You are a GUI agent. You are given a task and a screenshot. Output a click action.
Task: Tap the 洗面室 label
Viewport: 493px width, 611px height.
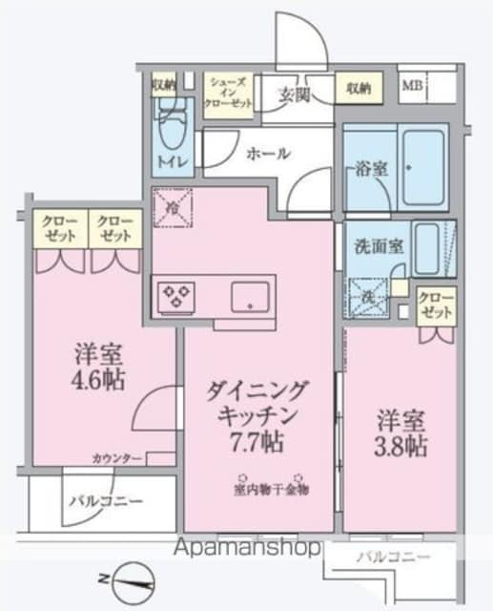click(x=380, y=243)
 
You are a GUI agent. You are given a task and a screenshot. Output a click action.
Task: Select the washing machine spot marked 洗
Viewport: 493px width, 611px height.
click(x=366, y=296)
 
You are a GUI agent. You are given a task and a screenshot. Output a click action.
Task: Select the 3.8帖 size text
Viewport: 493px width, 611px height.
click(x=400, y=445)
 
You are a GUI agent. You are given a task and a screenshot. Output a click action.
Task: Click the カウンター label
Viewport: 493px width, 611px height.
click(x=117, y=459)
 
